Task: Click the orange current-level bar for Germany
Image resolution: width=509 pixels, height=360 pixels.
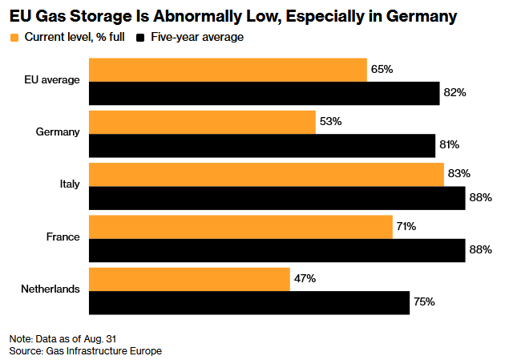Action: (202, 123)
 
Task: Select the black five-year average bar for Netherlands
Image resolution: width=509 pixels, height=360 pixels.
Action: (249, 303)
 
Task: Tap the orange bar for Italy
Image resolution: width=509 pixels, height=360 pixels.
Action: (266, 175)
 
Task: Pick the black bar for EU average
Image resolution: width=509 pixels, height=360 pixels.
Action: (265, 94)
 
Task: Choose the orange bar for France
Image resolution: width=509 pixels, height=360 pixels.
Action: (240, 227)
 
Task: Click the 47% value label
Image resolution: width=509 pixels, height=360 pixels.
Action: (305, 278)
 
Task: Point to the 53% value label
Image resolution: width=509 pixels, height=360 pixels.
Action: (330, 121)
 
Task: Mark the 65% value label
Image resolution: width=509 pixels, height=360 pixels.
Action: (382, 69)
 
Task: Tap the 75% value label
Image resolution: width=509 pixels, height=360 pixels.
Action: (424, 302)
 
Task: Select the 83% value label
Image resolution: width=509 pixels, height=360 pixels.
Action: (459, 174)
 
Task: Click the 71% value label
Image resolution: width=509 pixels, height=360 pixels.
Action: (406, 226)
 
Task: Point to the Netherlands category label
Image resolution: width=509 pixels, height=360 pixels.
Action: (50, 289)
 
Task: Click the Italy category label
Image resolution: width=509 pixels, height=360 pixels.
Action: (70, 184)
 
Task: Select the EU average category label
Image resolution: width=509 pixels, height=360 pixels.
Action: (52, 80)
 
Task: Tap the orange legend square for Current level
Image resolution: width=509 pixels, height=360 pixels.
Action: (14, 38)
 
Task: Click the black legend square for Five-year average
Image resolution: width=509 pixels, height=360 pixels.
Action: (140, 38)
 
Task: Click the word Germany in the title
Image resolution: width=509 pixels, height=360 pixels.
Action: (422, 17)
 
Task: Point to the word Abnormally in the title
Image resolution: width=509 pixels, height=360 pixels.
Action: (198, 16)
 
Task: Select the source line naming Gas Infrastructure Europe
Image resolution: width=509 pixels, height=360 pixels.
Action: (86, 351)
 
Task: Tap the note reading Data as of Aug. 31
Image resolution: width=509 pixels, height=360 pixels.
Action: (63, 339)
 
